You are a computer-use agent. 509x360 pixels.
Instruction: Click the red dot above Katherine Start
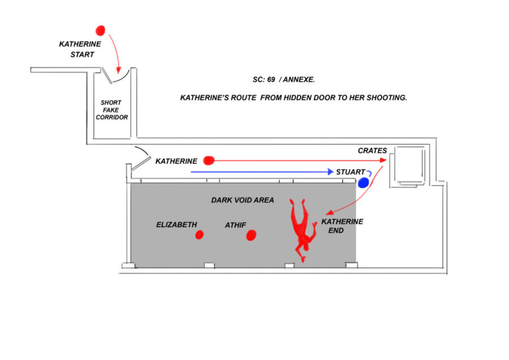click(x=100, y=31)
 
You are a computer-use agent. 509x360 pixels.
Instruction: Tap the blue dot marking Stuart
click(x=363, y=183)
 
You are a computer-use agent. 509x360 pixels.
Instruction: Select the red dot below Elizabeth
click(x=199, y=234)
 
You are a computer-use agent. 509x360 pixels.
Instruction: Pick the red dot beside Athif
click(x=251, y=235)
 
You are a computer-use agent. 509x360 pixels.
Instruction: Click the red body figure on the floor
click(x=303, y=229)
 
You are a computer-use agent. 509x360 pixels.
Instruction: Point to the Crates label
click(x=372, y=151)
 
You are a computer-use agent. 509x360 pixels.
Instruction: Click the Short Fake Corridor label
click(x=111, y=110)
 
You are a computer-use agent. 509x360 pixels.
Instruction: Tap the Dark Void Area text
click(x=243, y=200)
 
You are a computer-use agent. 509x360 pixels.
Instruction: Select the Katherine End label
click(x=342, y=226)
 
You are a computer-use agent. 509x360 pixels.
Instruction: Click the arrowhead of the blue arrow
click(x=331, y=172)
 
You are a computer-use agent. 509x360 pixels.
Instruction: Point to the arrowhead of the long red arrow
click(x=383, y=160)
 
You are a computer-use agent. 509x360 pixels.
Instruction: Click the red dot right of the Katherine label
click(x=209, y=161)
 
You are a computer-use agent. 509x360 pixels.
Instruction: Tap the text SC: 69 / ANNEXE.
click(x=284, y=80)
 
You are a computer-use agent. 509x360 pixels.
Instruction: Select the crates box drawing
click(x=409, y=166)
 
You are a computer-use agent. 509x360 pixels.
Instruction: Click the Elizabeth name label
click(x=176, y=225)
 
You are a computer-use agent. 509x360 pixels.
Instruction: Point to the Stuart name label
click(x=351, y=172)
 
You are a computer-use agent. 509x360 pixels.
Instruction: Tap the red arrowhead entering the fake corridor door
click(x=119, y=70)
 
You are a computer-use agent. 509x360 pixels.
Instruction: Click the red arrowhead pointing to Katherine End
click(x=330, y=212)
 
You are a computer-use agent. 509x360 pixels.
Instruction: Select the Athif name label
click(x=236, y=225)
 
